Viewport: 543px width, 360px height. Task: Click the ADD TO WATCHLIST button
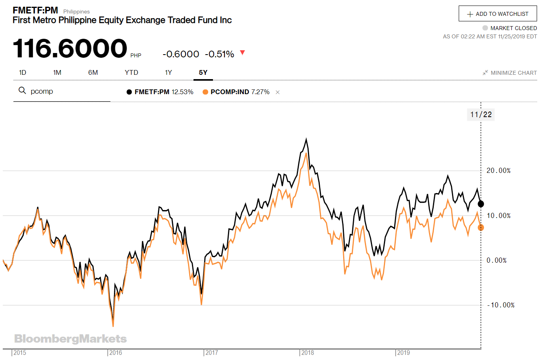[x=497, y=14]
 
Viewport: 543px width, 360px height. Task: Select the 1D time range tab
[x=23, y=72]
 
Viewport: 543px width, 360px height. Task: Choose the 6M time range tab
[x=93, y=72]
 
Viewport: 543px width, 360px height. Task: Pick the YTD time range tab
[x=131, y=72]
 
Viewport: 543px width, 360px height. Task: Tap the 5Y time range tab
[x=203, y=72]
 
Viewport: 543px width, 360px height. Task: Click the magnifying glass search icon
[x=22, y=91]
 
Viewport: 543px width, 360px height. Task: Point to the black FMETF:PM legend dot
[x=129, y=92]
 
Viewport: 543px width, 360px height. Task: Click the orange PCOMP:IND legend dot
[x=205, y=92]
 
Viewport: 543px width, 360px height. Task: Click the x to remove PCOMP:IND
[x=278, y=92]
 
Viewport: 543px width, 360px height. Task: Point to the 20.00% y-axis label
[x=498, y=171]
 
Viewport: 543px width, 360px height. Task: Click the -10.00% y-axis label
[x=500, y=305]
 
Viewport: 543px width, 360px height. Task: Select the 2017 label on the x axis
[x=211, y=352]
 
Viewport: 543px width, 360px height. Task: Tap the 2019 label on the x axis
[x=403, y=352]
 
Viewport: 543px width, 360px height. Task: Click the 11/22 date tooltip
[x=481, y=115]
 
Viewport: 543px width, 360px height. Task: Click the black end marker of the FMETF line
[x=481, y=204]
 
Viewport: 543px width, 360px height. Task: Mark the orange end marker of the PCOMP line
[x=481, y=227]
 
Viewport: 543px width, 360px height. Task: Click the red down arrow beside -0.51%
[x=243, y=53]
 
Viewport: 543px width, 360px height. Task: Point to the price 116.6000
[x=70, y=48]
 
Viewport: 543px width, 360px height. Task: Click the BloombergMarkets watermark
[x=70, y=339]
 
